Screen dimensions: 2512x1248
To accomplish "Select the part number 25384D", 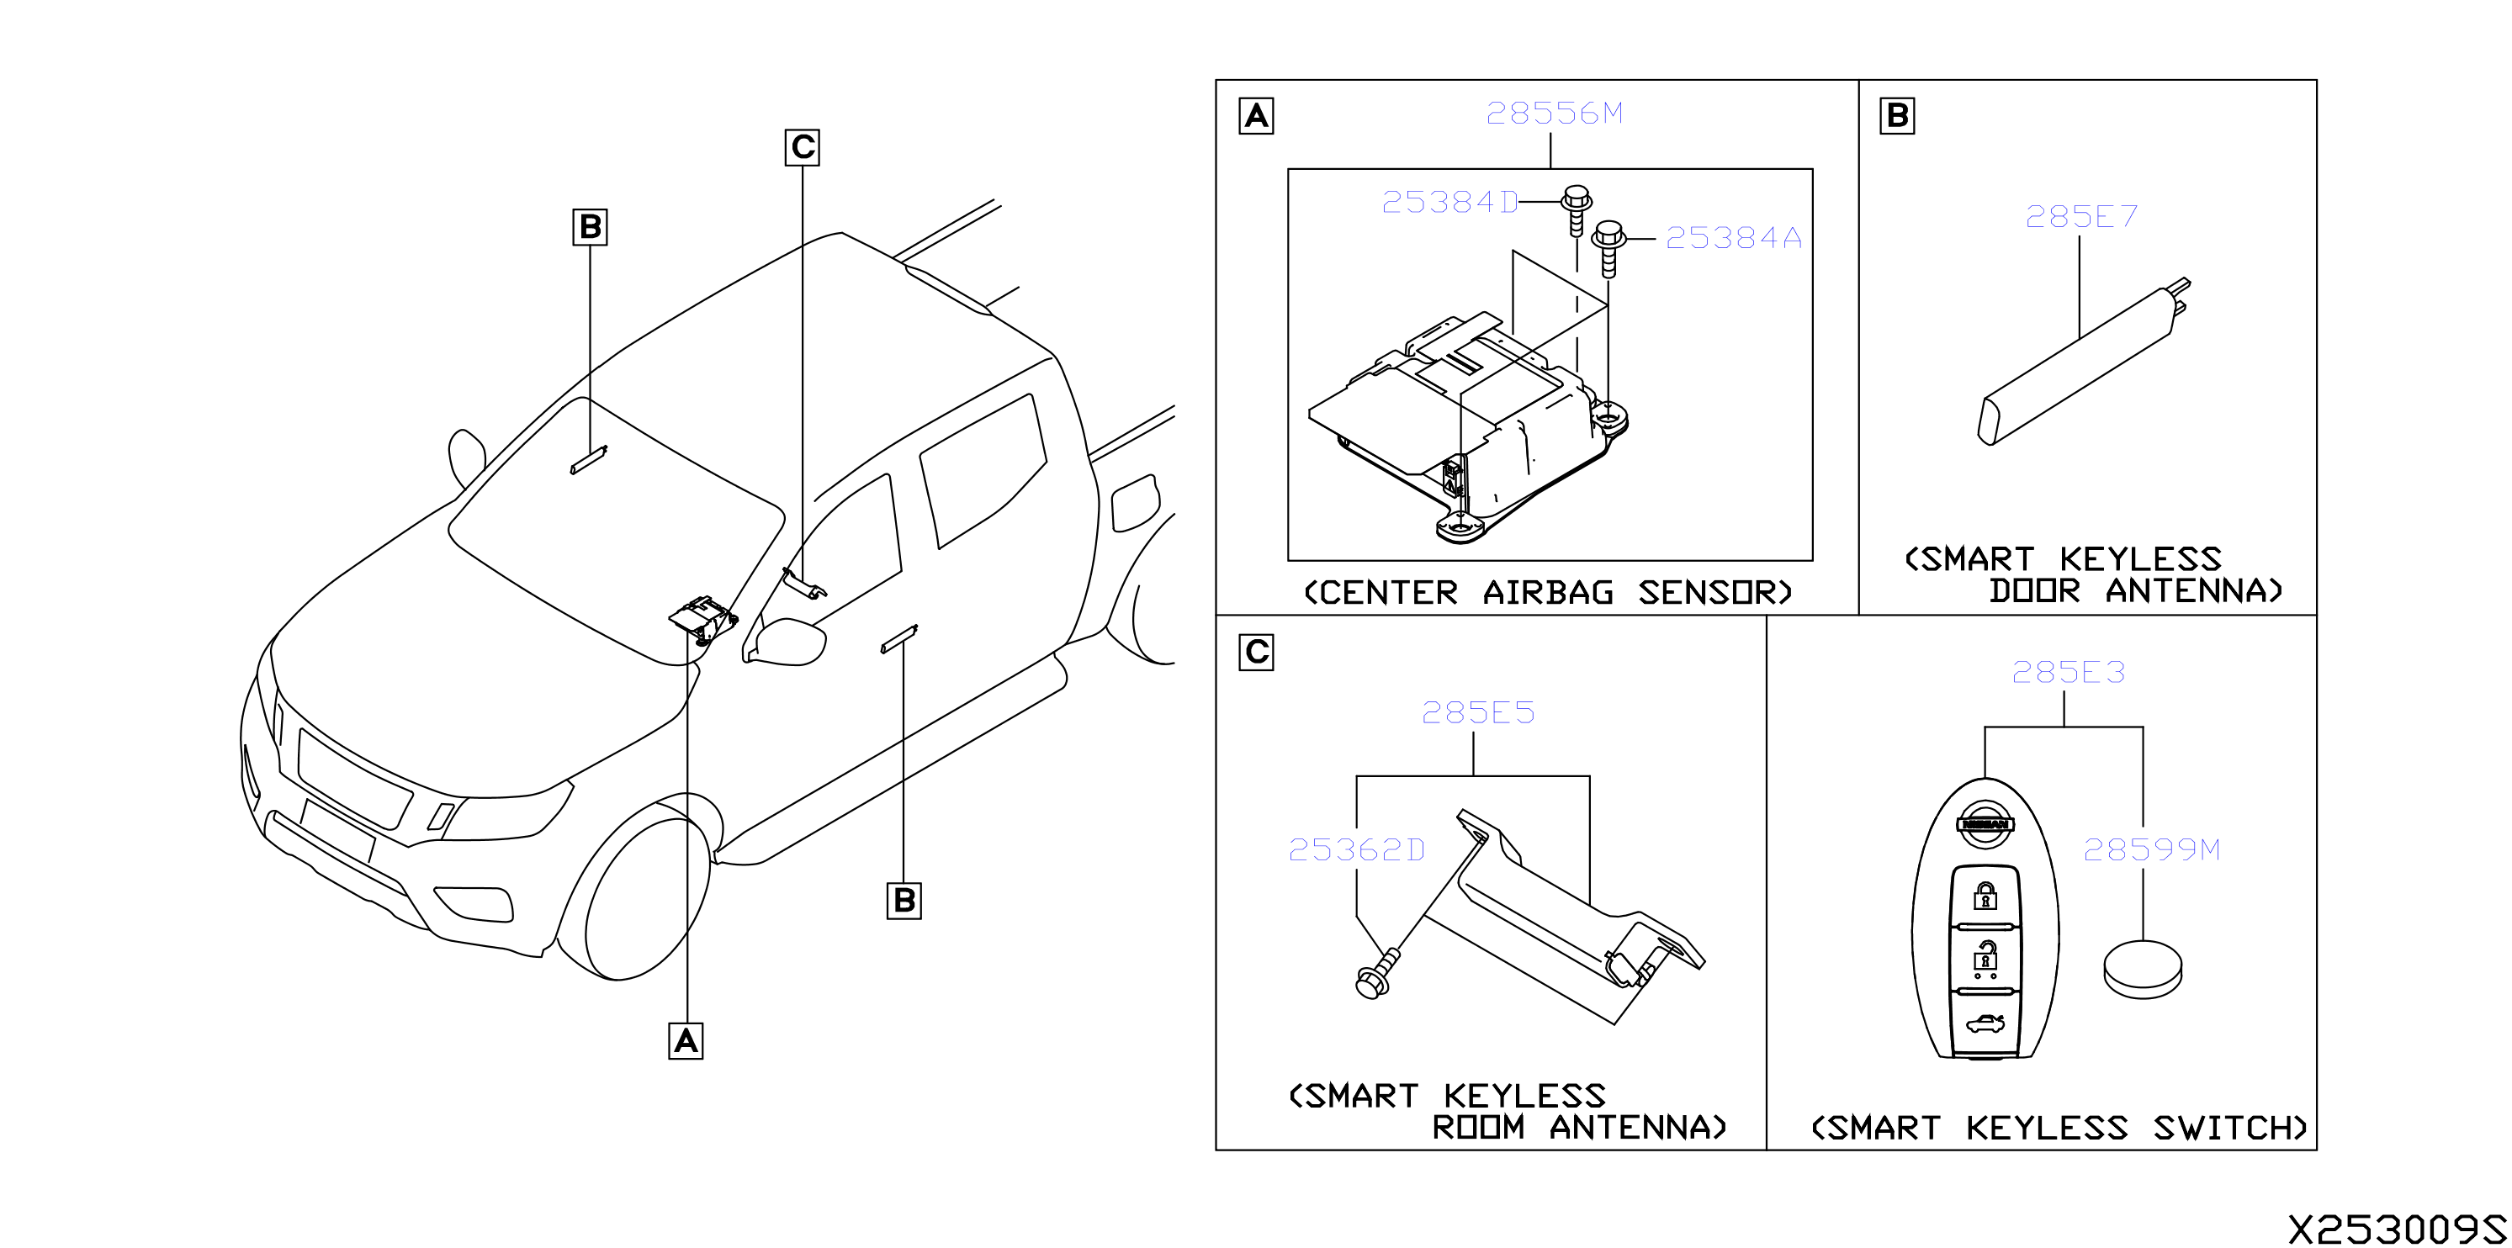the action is pyautogui.click(x=1450, y=202).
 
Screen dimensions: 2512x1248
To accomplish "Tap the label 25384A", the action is pyautogui.click(x=1733, y=238).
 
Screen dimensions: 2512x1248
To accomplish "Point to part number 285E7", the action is pyautogui.click(x=2081, y=216).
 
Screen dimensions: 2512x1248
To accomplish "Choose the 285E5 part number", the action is pyautogui.click(x=1477, y=713).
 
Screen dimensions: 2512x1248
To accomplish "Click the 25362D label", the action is pyautogui.click(x=1356, y=850).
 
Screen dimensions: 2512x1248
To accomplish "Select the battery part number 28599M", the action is pyautogui.click(x=2151, y=850).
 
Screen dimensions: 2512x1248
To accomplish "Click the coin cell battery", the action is pyautogui.click(x=2143, y=969).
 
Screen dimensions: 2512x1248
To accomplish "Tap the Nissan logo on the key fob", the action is pyautogui.click(x=1985, y=824).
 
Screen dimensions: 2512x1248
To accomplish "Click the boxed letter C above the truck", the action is pyautogui.click(x=803, y=147).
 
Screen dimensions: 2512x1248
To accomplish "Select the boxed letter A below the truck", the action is pyautogui.click(x=686, y=1041).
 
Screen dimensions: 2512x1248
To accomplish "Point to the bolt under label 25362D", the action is pyautogui.click(x=1378, y=974).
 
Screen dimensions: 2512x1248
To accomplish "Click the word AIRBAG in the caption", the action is pyautogui.click(x=1548, y=593).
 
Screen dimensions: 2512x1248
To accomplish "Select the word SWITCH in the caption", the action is pyautogui.click(x=2229, y=1128).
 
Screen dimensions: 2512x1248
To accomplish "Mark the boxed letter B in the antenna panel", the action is pyautogui.click(x=1897, y=115).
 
